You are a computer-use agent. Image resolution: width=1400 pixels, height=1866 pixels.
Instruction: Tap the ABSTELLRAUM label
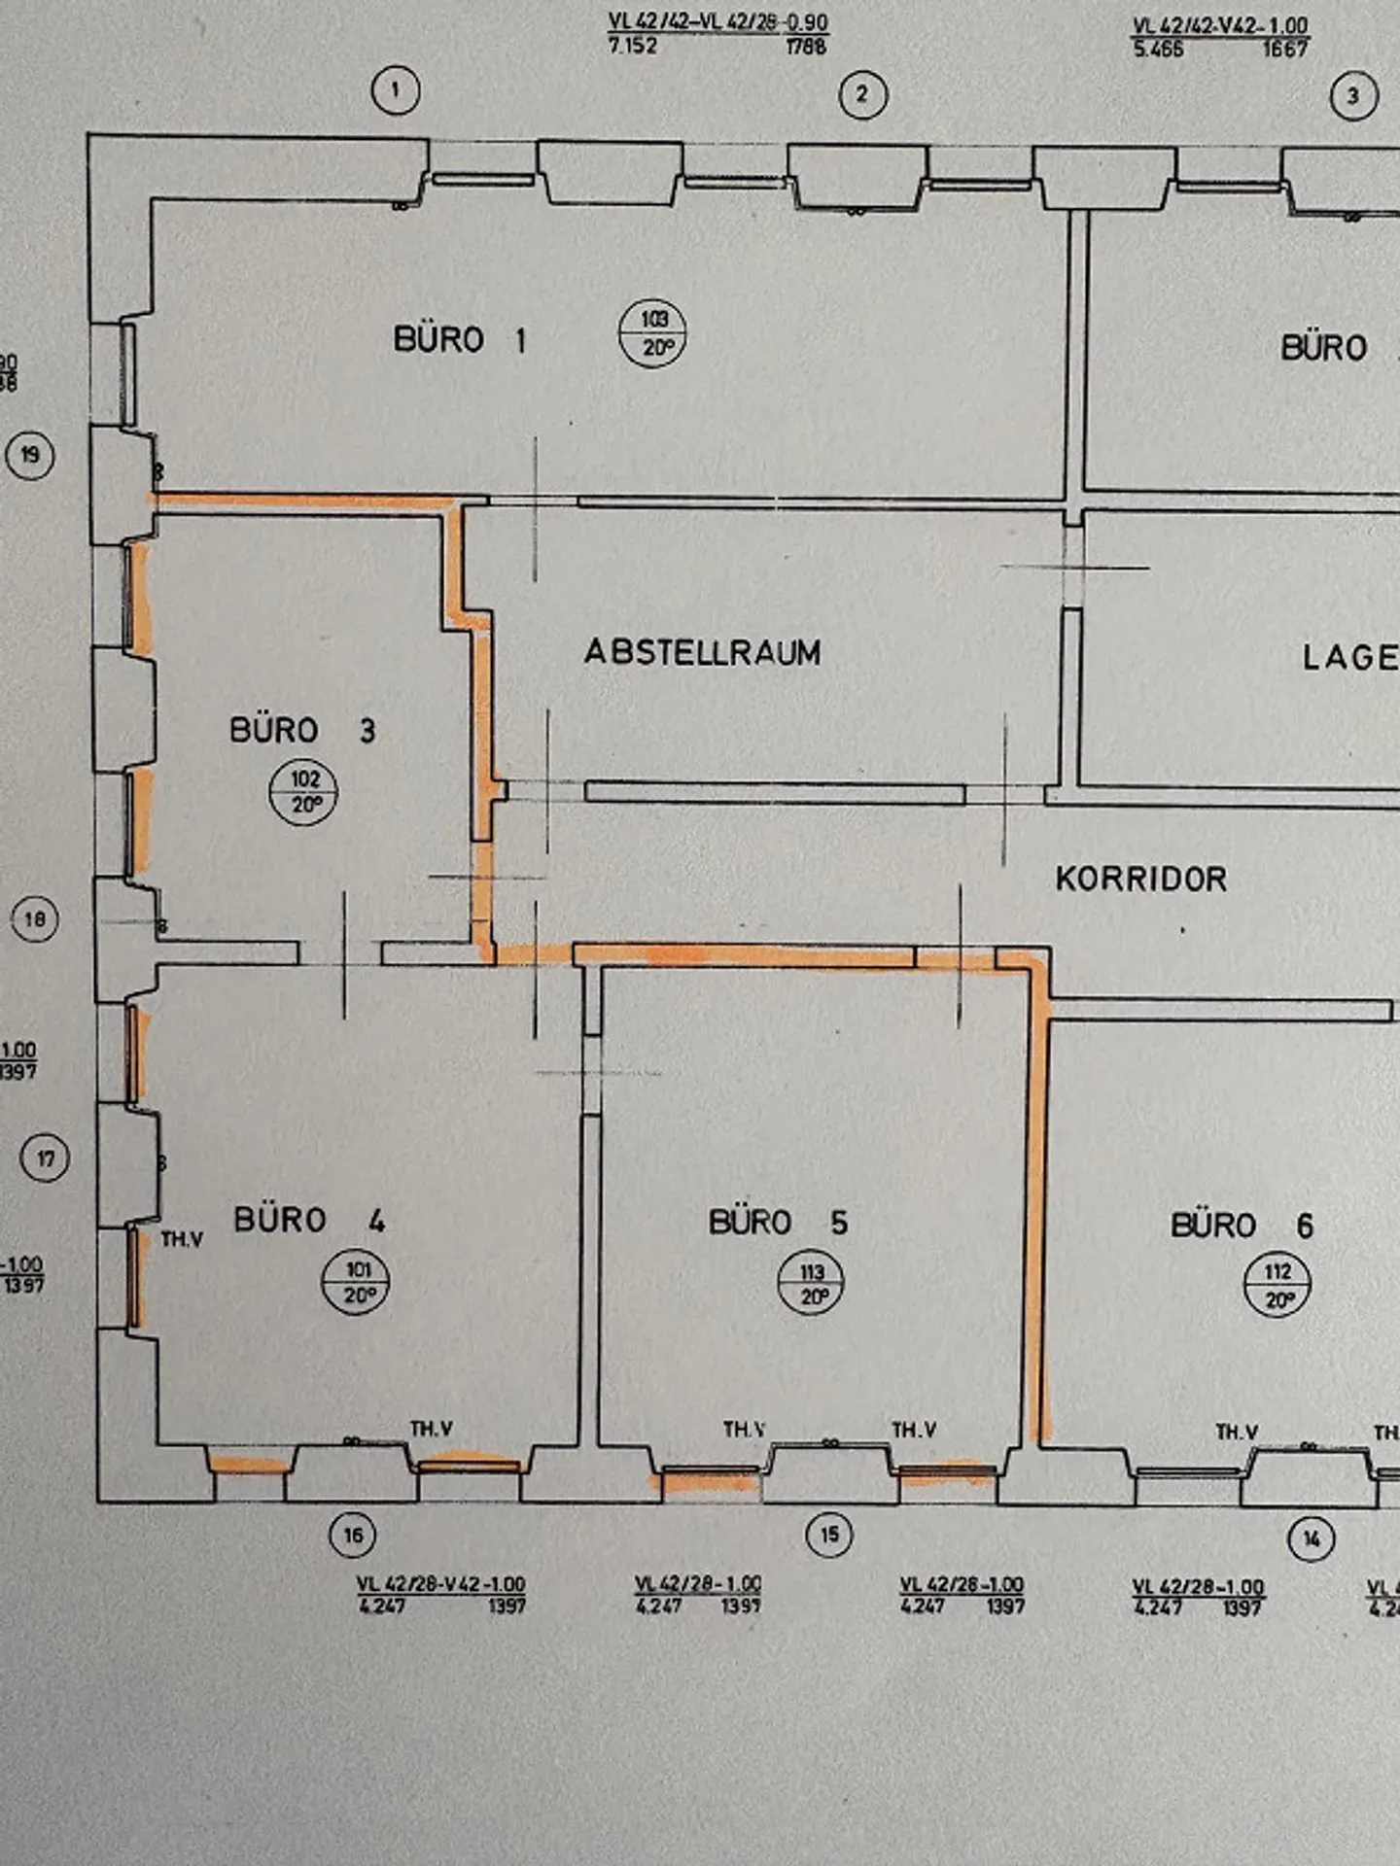click(x=702, y=652)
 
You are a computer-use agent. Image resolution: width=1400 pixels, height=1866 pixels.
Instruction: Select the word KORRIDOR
click(x=1140, y=880)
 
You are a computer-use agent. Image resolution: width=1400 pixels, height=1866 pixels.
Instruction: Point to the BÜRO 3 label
click(x=301, y=730)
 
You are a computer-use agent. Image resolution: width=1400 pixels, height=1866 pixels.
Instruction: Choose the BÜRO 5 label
click(x=778, y=1222)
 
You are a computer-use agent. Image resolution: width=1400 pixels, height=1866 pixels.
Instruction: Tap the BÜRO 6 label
click(x=1242, y=1226)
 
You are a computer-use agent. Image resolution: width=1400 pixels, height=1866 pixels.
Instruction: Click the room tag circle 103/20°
click(x=652, y=333)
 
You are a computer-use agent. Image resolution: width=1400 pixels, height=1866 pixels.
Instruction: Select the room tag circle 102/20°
click(x=304, y=792)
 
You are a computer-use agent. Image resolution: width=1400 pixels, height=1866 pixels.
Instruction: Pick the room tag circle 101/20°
click(x=357, y=1283)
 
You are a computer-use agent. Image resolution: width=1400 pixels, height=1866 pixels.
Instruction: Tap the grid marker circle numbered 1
click(x=395, y=91)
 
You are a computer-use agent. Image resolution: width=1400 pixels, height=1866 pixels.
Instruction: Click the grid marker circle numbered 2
click(x=861, y=95)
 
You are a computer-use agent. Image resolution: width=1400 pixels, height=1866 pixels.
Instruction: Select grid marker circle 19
click(x=30, y=455)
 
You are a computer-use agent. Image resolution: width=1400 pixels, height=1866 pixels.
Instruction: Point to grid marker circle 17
click(x=46, y=1158)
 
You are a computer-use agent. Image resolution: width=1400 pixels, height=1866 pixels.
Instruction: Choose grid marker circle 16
click(x=353, y=1536)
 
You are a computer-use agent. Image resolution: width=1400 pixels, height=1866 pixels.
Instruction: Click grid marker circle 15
click(x=829, y=1536)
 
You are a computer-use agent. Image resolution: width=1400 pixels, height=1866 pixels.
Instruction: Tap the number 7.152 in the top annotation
click(x=633, y=46)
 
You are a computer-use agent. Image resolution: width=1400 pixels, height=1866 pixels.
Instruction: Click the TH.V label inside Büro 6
click(x=1237, y=1433)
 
